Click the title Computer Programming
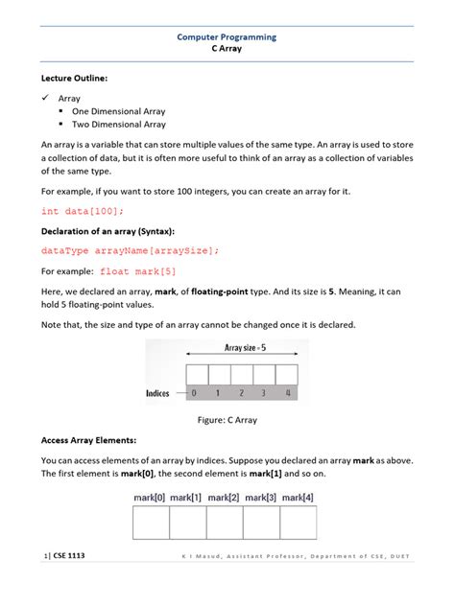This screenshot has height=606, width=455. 227,36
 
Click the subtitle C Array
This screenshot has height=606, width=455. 227,49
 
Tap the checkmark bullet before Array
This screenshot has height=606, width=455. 45,98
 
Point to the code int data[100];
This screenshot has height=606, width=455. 83,211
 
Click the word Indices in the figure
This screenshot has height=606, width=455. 159,393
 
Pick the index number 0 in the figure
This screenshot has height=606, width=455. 196,393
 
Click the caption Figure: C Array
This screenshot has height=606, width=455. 227,420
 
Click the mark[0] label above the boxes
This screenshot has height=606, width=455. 150,497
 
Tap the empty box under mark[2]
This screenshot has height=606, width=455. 224,523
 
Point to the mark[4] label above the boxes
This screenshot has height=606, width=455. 298,497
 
